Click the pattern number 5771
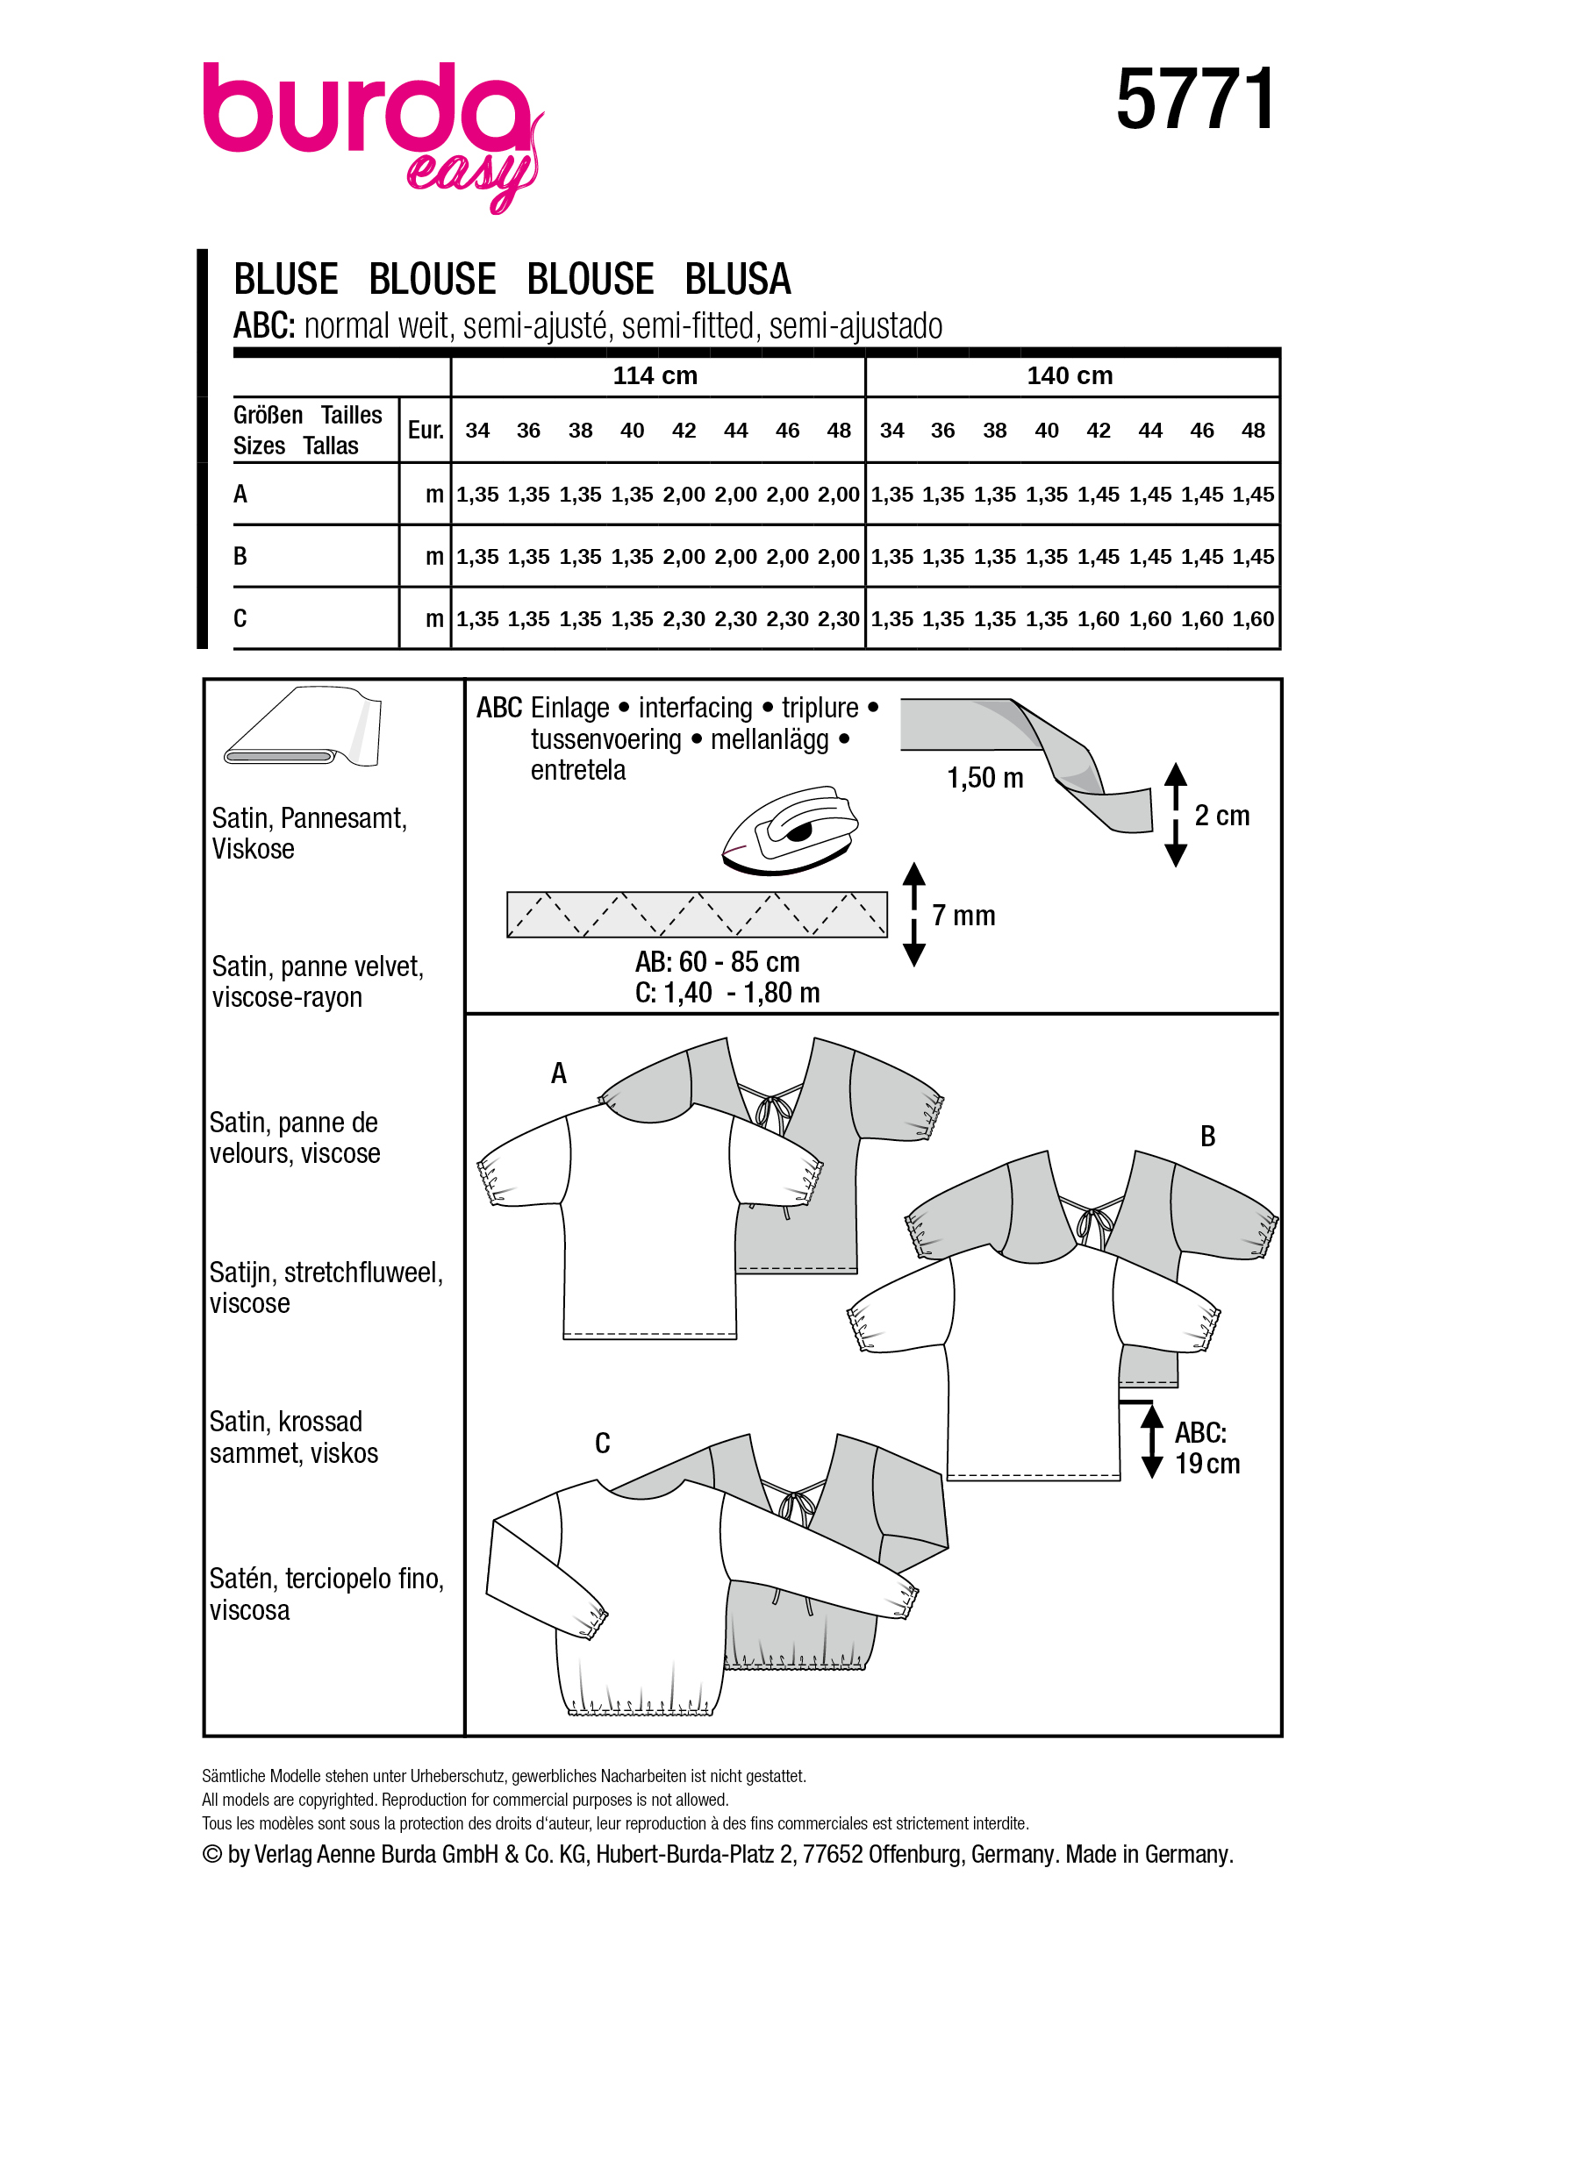pos(1195,100)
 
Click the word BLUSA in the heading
pos(737,279)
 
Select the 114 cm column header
pos(655,376)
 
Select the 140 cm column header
pos(1070,376)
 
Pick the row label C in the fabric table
pos(240,618)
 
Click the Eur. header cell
pos(425,430)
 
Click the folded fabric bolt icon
pos(302,727)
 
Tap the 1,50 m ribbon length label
pos(985,778)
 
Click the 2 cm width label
pos(1221,817)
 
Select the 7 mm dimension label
pos(963,916)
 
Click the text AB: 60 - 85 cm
pos(717,962)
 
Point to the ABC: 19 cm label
pos(1206,1448)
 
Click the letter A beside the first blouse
pos(558,1073)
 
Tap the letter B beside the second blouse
pos(1207,1137)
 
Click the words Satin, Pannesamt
pos(309,818)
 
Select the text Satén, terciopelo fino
pos(326,1579)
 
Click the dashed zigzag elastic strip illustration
pos(697,915)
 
